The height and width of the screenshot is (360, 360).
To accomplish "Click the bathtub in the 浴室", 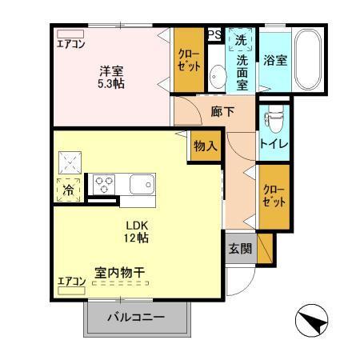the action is [x=307, y=59].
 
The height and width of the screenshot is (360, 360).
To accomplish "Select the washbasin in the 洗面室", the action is [x=218, y=76].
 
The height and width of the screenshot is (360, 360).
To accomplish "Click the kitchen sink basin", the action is [x=142, y=184].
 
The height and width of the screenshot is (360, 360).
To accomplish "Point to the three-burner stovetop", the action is [x=104, y=184].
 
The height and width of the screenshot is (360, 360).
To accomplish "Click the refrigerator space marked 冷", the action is [x=69, y=190].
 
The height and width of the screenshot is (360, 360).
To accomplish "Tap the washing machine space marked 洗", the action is [x=241, y=39].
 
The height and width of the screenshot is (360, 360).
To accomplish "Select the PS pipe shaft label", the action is [x=214, y=34].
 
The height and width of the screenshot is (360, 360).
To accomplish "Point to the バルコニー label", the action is [x=136, y=318].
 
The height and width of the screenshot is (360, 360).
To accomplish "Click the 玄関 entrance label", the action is [x=240, y=249].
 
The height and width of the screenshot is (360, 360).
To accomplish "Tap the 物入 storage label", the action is [x=206, y=146].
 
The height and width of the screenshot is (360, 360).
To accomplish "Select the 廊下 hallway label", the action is [x=222, y=112].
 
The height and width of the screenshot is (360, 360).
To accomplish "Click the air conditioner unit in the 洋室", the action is [x=70, y=34].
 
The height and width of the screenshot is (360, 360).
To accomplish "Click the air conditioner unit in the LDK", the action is [x=71, y=290].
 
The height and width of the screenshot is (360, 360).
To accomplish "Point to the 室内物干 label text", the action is [x=120, y=273].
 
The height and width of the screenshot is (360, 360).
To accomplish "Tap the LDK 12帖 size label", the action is [x=136, y=231].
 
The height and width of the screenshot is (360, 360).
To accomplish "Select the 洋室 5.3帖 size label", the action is [x=111, y=78].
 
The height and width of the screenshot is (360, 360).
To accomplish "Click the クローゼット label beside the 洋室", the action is [x=189, y=60].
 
